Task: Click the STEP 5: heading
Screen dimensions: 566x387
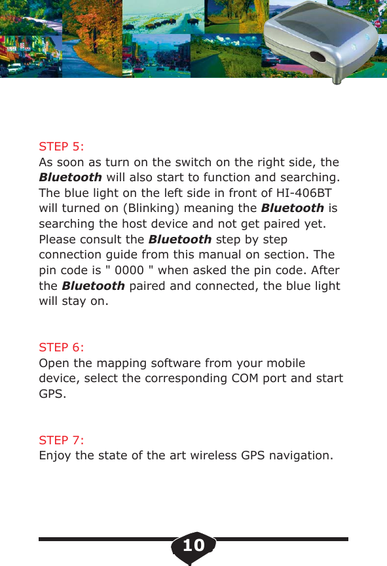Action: tap(62, 145)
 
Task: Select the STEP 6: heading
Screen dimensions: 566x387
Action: tap(62, 346)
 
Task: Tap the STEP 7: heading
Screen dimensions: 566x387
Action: tap(62, 440)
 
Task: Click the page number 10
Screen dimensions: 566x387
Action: tap(193, 545)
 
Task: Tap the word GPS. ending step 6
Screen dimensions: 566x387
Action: tap(52, 395)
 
